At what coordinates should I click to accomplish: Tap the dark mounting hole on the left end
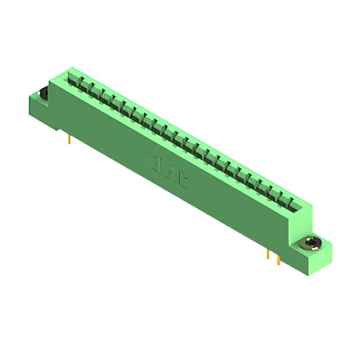tap(42, 94)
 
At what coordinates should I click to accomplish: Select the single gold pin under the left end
tap(69, 138)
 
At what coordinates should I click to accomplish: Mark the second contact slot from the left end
tap(83, 85)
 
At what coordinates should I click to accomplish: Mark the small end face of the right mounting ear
tap(327, 252)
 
